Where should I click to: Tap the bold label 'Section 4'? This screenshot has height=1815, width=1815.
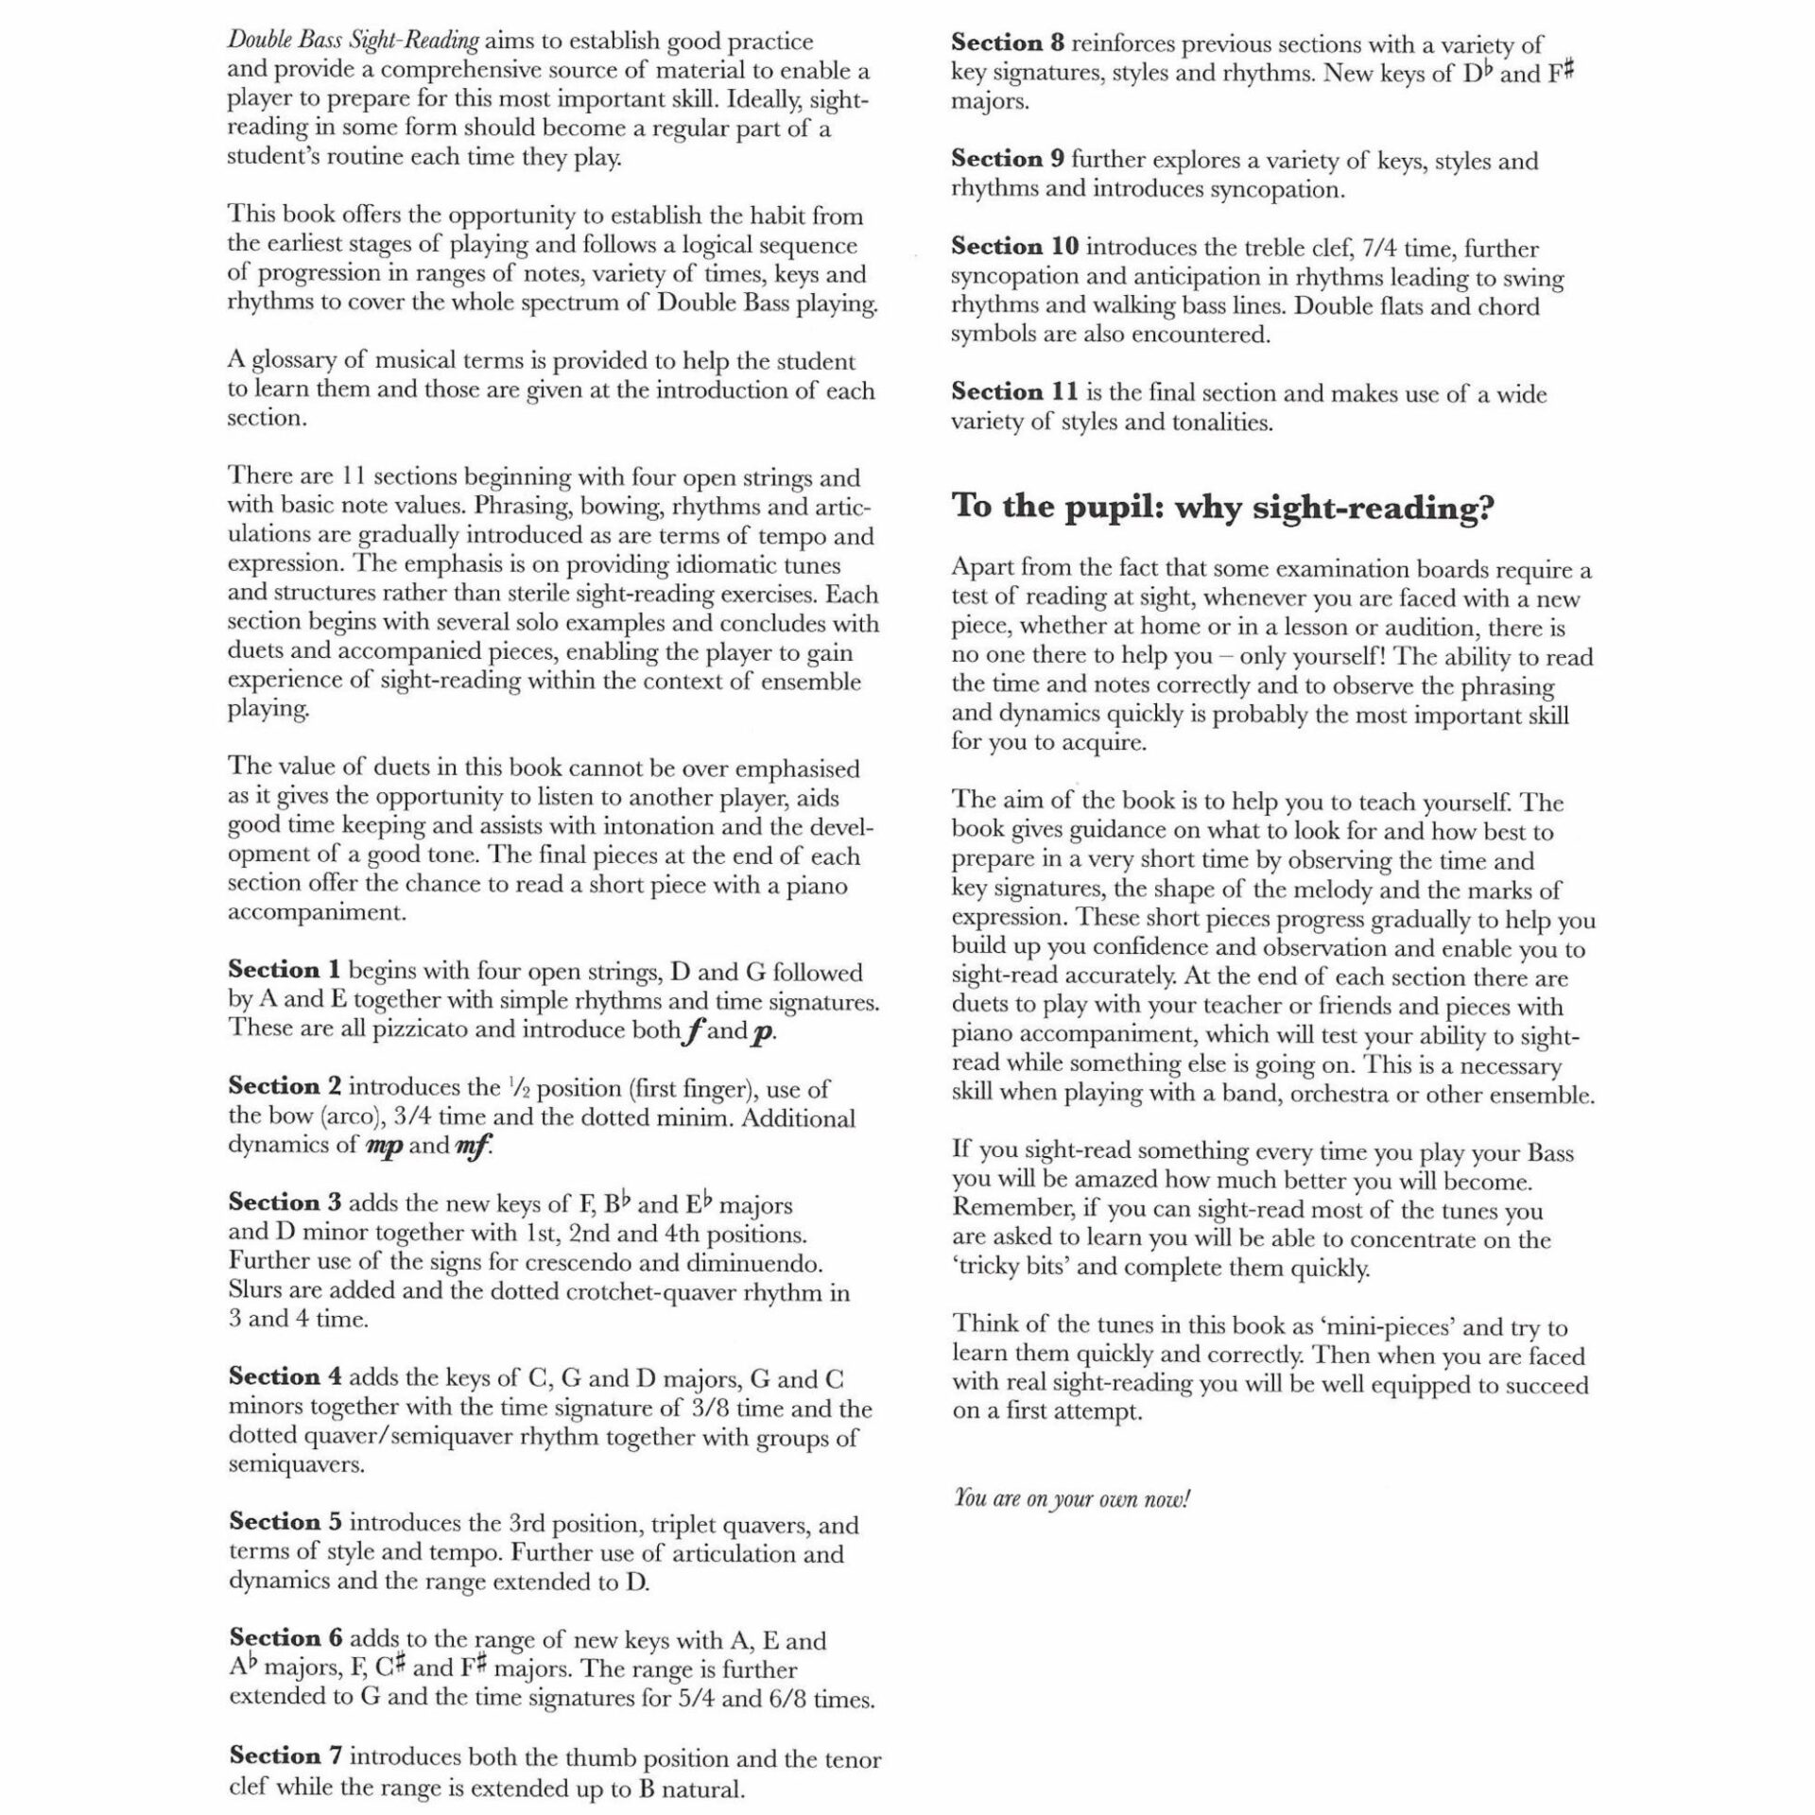coord(285,1377)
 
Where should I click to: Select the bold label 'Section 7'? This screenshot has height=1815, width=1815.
coord(285,1756)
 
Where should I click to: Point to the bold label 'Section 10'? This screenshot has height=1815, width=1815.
coord(1014,247)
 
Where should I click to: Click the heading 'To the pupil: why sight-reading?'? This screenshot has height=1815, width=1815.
coord(1222,507)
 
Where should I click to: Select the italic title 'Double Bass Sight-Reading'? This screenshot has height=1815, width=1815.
coord(353,41)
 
